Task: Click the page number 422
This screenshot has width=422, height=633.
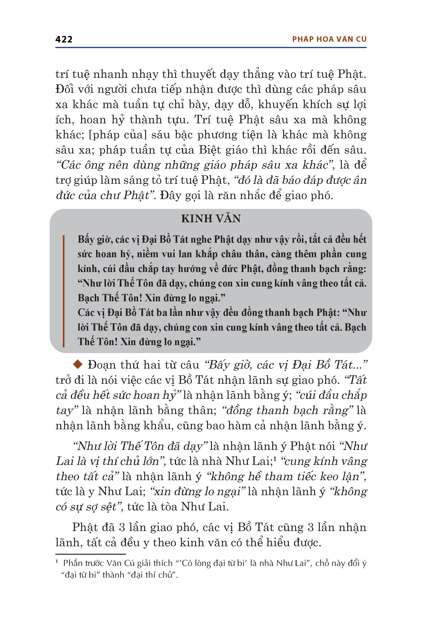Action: pyautogui.click(x=64, y=39)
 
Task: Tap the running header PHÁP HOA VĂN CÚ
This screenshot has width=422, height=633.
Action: pyautogui.click(x=329, y=39)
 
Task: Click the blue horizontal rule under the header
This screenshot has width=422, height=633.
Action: pyautogui.click(x=211, y=48)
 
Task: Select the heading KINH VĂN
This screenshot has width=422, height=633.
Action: pyautogui.click(x=211, y=219)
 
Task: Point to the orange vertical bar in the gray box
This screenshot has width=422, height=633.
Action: pyautogui.click(x=64, y=291)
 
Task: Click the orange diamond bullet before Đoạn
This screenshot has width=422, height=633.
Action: pyautogui.click(x=78, y=365)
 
